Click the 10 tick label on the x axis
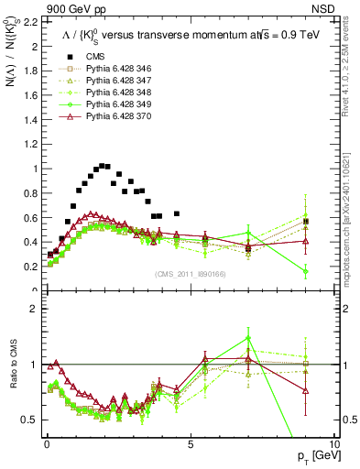[x=333, y=443]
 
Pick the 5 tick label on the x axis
[x=190, y=443]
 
